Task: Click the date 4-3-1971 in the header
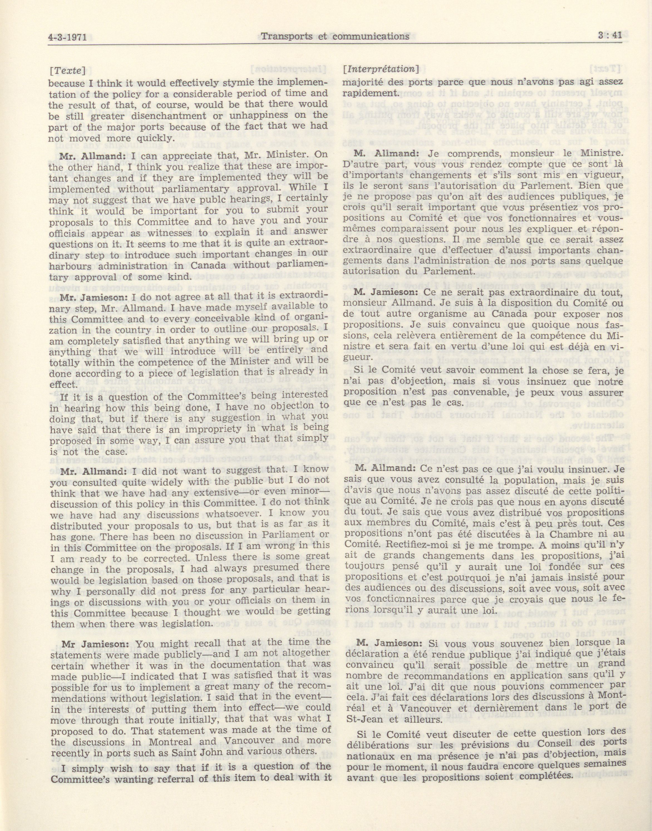tap(72, 37)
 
